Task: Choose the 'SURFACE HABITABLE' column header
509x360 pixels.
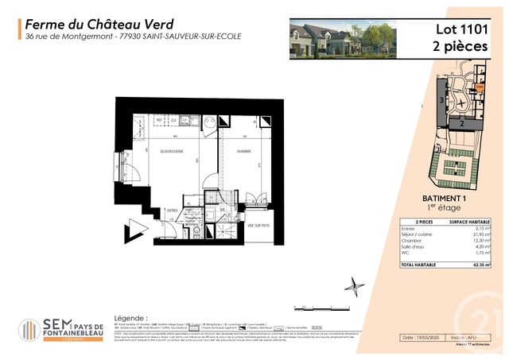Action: tap(468, 223)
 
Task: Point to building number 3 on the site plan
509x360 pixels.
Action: tap(441, 100)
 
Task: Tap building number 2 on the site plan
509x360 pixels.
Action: tap(460, 124)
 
